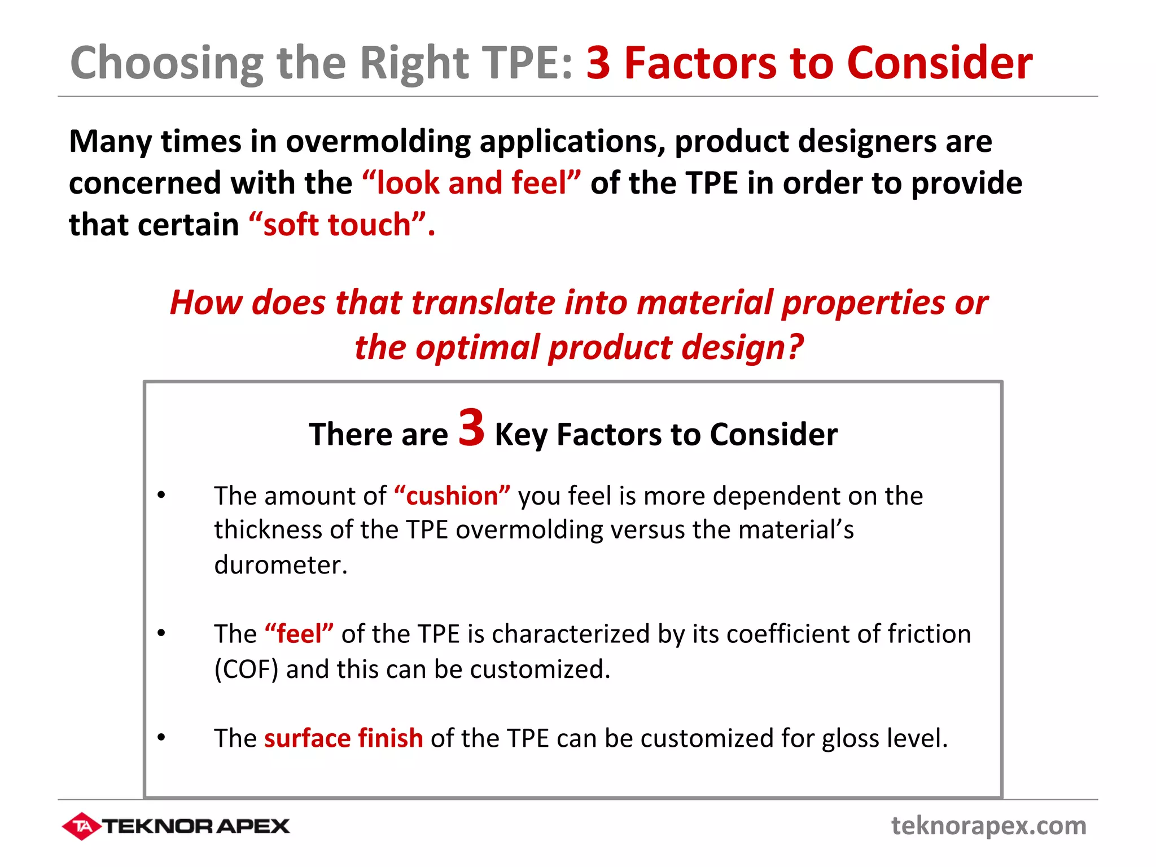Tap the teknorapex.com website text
tap(988, 825)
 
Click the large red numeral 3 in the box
tap(471, 428)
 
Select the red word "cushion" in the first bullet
tap(452, 496)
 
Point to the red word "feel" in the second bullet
tap(299, 634)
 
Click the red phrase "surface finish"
tap(343, 738)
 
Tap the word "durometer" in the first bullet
tap(281, 565)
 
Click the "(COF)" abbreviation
tap(246, 669)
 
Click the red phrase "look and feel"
tap(471, 183)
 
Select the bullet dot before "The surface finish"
tap(161, 738)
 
